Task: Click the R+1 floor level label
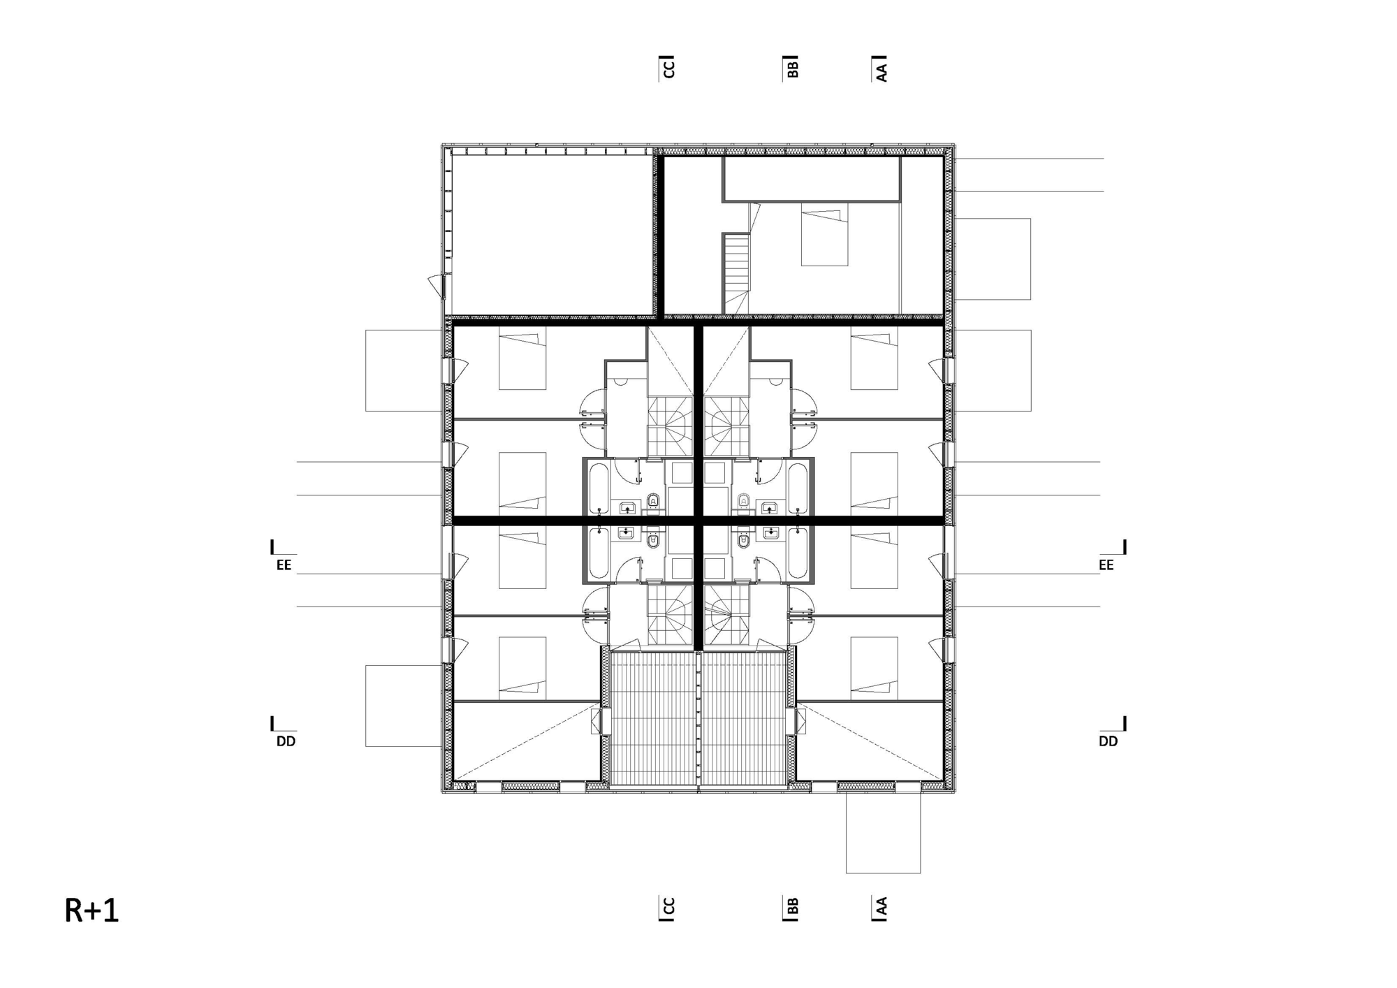pyautogui.click(x=92, y=910)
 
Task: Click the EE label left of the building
pyautogui.click(x=284, y=565)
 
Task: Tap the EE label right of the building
pyautogui.click(x=1106, y=565)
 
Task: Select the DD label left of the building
pyautogui.click(x=286, y=741)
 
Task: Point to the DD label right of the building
pyautogui.click(x=1109, y=741)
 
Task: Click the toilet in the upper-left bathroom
pyautogui.click(x=654, y=500)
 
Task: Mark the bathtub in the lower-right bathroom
pyautogui.click(x=798, y=553)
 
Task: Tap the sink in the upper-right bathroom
pyautogui.click(x=770, y=507)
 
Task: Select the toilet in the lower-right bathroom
pyautogui.click(x=743, y=541)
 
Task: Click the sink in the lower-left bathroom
pyautogui.click(x=627, y=534)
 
